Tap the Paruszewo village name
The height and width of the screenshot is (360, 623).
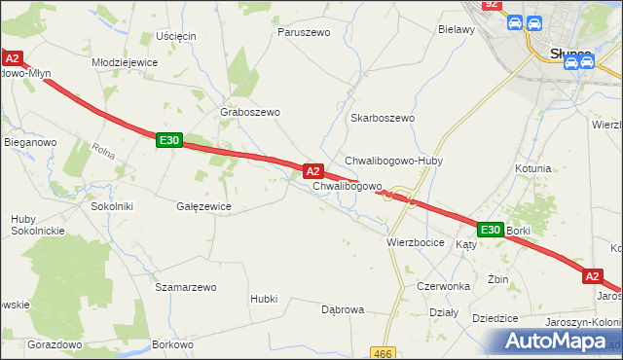[305, 32]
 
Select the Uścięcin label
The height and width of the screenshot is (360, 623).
[176, 36]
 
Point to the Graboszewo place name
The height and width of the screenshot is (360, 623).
[251, 112]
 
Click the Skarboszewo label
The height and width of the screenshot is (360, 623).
[383, 118]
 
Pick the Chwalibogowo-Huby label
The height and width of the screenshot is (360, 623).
[394, 161]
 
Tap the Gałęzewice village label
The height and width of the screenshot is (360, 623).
[203, 206]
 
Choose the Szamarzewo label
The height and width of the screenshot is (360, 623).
[185, 288]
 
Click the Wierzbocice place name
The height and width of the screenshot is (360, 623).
[416, 242]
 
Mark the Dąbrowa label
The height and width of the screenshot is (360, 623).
[343, 309]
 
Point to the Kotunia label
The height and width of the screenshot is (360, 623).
[533, 168]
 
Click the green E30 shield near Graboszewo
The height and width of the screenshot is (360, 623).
[168, 141]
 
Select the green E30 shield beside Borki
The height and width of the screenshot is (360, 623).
[490, 230]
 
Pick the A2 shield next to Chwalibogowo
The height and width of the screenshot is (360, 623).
[314, 171]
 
